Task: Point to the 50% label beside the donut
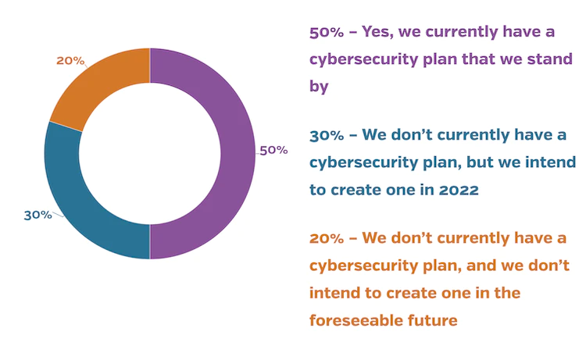tap(273, 150)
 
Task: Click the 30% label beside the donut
tap(38, 215)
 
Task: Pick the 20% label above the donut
tap(70, 61)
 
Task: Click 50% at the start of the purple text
tap(325, 33)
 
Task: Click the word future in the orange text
tap(436, 319)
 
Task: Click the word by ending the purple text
tap(319, 87)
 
